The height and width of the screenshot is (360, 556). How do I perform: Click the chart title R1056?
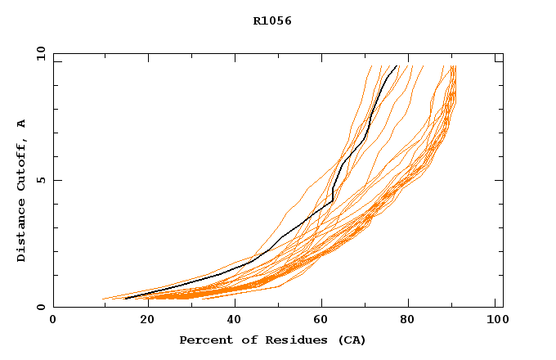[x=272, y=21]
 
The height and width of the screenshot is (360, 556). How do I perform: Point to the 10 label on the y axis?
[x=39, y=54]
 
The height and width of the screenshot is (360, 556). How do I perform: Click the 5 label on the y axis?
[x=39, y=180]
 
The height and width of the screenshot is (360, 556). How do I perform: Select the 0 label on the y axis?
[x=39, y=307]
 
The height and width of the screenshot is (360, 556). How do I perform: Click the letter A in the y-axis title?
[x=21, y=124]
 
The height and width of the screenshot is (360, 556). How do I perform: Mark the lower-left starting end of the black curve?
[x=126, y=299]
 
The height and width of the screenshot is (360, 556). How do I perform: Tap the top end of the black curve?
[x=397, y=65]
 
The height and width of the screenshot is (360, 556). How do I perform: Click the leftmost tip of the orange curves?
[x=103, y=299]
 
